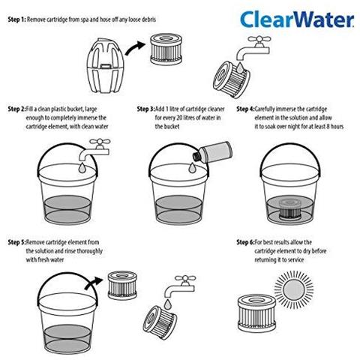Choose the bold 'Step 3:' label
(147, 109)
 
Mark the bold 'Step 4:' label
(247, 109)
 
